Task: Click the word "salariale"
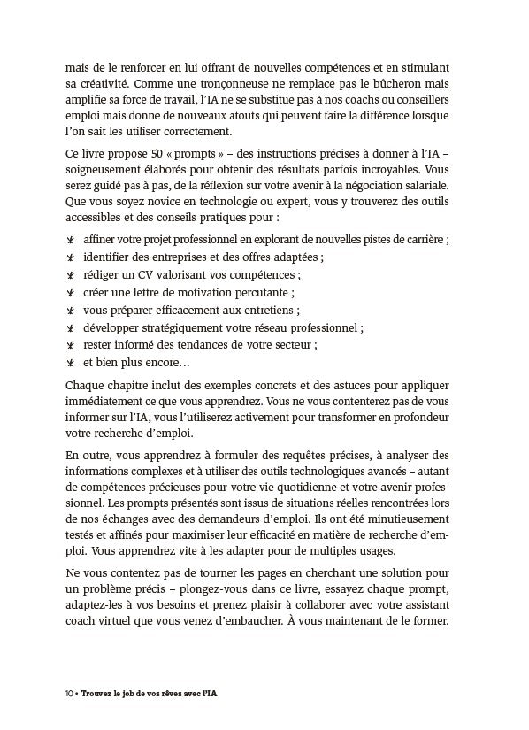click(x=425, y=185)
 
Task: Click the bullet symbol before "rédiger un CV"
click(x=70, y=275)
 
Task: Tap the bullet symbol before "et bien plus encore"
click(x=70, y=363)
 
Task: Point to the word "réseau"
click(x=270, y=327)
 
